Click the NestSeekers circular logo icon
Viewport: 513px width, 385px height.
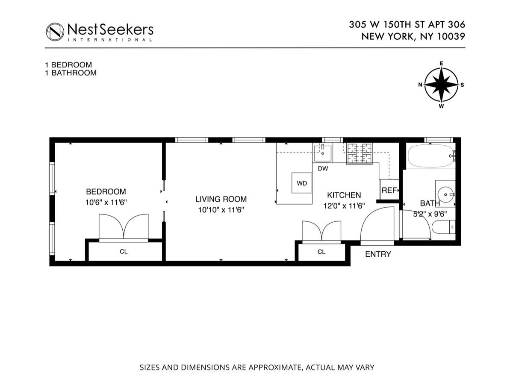(x=55, y=32)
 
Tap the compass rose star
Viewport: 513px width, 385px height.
(x=441, y=85)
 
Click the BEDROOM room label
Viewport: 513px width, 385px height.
(x=106, y=191)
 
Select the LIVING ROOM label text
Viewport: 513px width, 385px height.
(x=221, y=199)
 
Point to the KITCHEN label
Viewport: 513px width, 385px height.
(x=344, y=195)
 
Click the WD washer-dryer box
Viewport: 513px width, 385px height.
(x=302, y=183)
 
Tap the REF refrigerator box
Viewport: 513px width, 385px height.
(x=389, y=190)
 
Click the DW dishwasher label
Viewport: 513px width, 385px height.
(x=323, y=168)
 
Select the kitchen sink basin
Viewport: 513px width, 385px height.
(x=323, y=153)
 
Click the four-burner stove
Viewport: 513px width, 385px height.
(x=360, y=153)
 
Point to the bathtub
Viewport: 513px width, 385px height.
(x=431, y=156)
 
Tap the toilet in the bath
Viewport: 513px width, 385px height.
(x=443, y=227)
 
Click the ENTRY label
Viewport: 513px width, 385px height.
(x=378, y=254)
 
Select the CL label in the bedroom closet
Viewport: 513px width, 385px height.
(x=124, y=252)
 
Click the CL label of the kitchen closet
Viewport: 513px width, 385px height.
(x=321, y=252)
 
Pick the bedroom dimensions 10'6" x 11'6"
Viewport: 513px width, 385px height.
(x=106, y=202)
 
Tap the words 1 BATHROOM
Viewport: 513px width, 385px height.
(x=71, y=73)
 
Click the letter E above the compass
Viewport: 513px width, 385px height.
(x=441, y=63)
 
